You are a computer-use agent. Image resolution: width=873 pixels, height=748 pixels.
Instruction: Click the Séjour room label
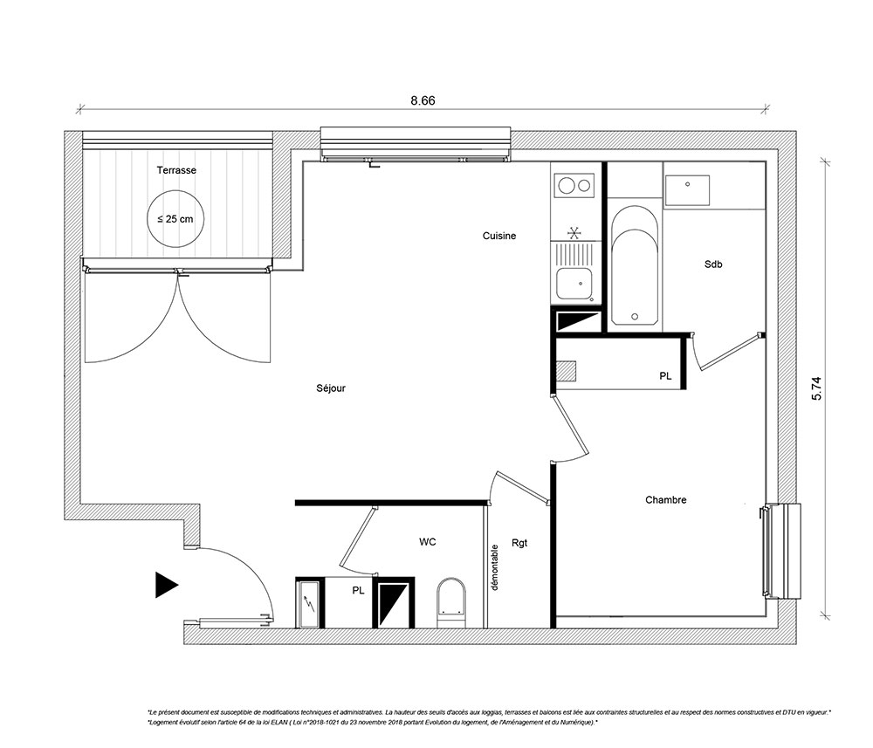coord(331,388)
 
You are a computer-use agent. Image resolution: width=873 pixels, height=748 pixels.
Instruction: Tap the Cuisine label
coord(498,236)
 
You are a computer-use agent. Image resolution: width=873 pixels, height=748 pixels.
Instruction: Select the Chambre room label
coord(665,500)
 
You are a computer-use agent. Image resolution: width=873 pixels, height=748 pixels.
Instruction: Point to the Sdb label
coord(713,264)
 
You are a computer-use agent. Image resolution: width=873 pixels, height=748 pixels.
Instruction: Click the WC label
coord(428,541)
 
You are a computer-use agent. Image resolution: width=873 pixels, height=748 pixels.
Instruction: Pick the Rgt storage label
coord(519,543)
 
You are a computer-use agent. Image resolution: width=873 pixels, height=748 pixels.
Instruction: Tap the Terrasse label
coord(176,170)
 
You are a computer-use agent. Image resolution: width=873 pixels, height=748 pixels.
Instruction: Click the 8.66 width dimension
coord(423,100)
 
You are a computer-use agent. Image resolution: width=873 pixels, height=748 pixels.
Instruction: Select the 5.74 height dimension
coord(816,388)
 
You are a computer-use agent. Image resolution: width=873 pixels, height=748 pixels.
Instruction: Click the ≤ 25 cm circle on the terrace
coord(175,190)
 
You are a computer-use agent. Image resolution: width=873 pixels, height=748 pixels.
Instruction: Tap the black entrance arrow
coord(166,585)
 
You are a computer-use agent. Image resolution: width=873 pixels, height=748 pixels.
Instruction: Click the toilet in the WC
coord(451,603)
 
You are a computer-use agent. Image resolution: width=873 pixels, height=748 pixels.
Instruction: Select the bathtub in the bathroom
coord(635,266)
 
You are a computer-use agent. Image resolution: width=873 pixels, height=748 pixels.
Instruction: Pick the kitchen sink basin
coord(574,284)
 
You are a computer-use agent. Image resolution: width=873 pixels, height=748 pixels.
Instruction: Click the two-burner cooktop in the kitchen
coord(574,185)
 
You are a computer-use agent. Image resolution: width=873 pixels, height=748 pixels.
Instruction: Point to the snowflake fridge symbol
coord(574,232)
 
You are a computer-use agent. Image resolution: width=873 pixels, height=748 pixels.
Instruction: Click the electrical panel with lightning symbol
coord(309,604)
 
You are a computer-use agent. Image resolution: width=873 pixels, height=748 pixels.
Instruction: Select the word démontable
coord(494,567)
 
